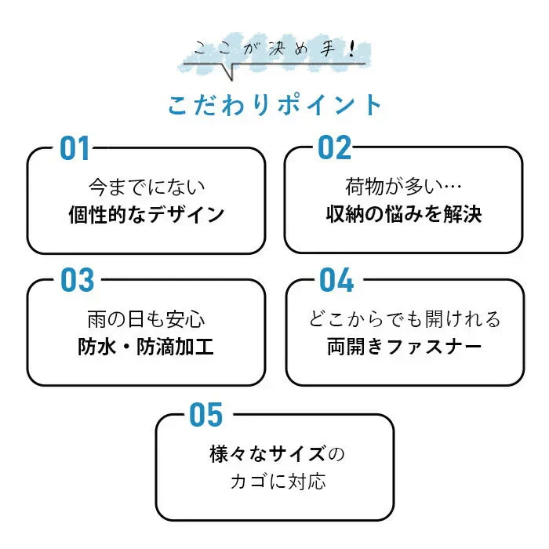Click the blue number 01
tap(75, 148)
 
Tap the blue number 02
tap(334, 147)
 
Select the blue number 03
tap(78, 280)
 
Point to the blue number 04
tap(336, 279)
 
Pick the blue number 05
tap(205, 414)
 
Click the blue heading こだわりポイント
tap(274, 104)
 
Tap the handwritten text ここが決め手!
tap(274, 49)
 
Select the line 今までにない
tap(147, 187)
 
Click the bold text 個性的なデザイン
tap(147, 214)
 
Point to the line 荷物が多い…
tap(403, 187)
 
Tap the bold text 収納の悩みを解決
tap(404, 213)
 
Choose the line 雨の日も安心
tap(146, 319)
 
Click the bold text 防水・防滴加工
tap(146, 347)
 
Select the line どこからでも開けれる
tap(405, 319)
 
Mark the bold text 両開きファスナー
tap(405, 347)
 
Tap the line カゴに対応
tap(278, 481)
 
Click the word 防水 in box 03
tap(96, 347)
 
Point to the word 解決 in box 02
tap(463, 213)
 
